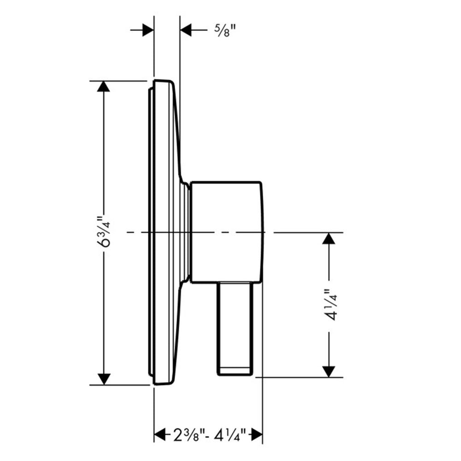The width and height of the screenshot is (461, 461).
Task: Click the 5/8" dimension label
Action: tap(225, 30)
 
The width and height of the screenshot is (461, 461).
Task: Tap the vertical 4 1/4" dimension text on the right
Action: tap(330, 305)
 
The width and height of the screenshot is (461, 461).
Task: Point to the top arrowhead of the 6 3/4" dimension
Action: tap(103, 86)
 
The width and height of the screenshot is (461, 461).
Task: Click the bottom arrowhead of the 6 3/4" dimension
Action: tap(103, 379)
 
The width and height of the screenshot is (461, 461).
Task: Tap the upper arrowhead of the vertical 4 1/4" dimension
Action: tap(329, 238)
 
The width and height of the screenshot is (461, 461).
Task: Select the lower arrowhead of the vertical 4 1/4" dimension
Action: tap(329, 372)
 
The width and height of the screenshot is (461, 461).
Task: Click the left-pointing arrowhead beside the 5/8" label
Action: tap(186, 30)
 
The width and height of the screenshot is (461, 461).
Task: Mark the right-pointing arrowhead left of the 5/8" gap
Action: tap(148, 30)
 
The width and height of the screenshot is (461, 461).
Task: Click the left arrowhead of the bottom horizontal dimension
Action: tap(160, 435)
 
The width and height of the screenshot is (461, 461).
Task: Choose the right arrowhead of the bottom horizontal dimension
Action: tap(257, 435)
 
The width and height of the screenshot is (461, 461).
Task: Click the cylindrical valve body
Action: tap(226, 232)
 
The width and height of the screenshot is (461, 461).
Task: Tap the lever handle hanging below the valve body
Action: tap(235, 329)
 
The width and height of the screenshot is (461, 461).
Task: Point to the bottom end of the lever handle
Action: tap(235, 374)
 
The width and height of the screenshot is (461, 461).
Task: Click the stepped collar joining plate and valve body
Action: tap(185, 232)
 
